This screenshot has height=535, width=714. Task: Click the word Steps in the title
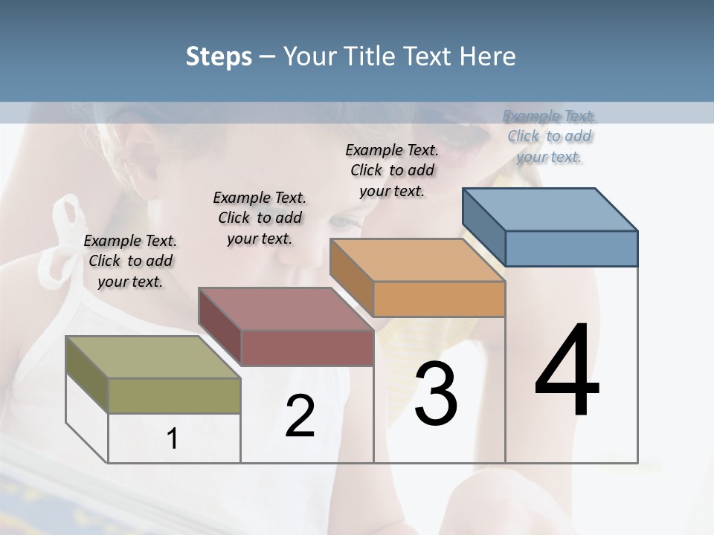(219, 56)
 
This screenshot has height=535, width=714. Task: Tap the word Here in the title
(488, 56)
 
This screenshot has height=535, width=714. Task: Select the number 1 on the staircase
(173, 438)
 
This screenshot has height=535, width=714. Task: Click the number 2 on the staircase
(300, 416)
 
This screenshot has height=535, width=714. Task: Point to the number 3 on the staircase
(435, 394)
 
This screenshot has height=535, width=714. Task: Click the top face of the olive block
(152, 357)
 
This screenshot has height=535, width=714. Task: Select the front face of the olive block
(175, 395)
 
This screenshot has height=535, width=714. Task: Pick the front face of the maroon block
(307, 348)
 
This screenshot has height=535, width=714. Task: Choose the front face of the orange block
(439, 299)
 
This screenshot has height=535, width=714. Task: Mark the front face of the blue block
(571, 248)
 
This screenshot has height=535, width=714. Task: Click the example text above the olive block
(130, 261)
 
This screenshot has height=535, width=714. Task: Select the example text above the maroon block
(260, 218)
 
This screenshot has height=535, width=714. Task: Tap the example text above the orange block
(392, 170)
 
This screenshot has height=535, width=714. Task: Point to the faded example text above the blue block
(550, 136)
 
